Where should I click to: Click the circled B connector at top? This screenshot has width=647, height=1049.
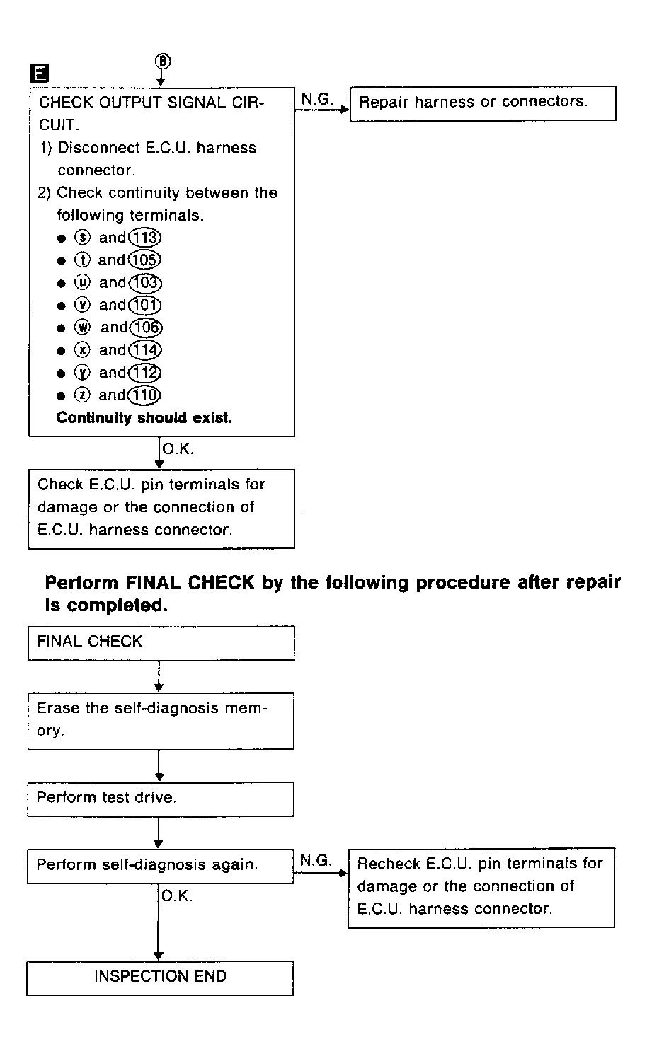click(x=162, y=62)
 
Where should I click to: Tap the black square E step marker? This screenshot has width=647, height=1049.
click(x=38, y=73)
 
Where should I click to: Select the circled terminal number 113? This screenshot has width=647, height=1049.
click(x=145, y=238)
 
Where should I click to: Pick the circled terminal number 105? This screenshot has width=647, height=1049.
click(x=145, y=260)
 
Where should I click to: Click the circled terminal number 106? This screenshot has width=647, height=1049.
click(x=147, y=328)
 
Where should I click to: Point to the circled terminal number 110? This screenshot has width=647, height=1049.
click(x=145, y=395)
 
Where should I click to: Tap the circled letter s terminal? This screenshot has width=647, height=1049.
click(x=81, y=238)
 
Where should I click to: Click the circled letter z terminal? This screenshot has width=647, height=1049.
click(x=81, y=395)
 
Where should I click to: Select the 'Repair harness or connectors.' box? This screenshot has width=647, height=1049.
click(x=483, y=103)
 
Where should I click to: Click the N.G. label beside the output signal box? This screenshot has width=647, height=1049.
click(x=317, y=99)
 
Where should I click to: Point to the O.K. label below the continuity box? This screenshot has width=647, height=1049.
click(x=178, y=449)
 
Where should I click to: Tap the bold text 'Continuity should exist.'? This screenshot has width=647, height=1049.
click(x=144, y=418)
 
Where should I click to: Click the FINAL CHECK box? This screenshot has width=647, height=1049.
click(x=161, y=642)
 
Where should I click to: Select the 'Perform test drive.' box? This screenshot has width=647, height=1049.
click(x=161, y=799)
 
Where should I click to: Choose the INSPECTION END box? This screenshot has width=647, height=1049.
click(x=160, y=978)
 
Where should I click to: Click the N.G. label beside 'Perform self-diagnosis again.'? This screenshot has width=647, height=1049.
click(x=316, y=860)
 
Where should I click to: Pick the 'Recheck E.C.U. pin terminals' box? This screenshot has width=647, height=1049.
click(x=481, y=887)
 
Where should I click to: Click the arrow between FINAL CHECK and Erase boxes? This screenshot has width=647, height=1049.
click(x=159, y=677)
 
